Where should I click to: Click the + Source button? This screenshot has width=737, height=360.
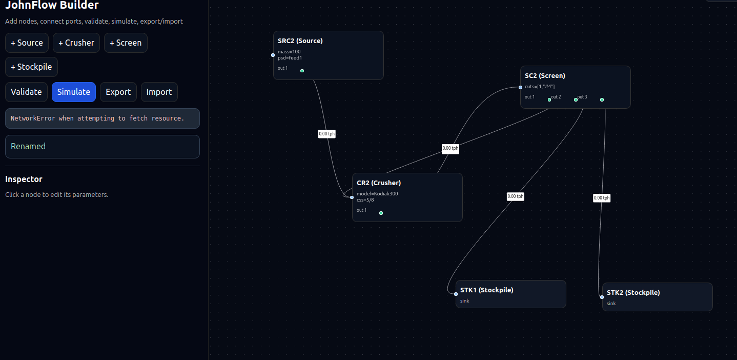pyautogui.click(x=27, y=43)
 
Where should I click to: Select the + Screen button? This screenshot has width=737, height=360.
pyautogui.click(x=126, y=43)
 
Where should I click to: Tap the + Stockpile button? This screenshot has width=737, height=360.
pyautogui.click(x=31, y=67)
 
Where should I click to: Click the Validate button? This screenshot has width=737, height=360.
pyautogui.click(x=26, y=92)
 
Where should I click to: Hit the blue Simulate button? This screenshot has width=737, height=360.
pyautogui.click(x=73, y=92)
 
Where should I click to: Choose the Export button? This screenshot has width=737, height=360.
pyautogui.click(x=118, y=92)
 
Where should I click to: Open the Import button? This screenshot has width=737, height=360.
pyautogui.click(x=159, y=92)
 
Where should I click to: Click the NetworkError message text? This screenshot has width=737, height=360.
pyautogui.click(x=97, y=118)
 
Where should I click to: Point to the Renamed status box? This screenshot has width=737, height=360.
pyautogui.click(x=102, y=147)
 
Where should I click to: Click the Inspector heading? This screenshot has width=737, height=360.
pyautogui.click(x=24, y=179)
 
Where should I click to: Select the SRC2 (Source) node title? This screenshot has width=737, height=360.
pyautogui.click(x=300, y=41)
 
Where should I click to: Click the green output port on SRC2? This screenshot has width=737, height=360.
pyautogui.click(x=302, y=71)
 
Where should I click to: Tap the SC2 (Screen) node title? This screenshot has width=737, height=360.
pyautogui.click(x=545, y=75)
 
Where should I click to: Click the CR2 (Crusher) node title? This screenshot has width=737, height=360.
pyautogui.click(x=379, y=183)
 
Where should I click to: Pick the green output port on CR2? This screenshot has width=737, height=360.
pyautogui.click(x=381, y=213)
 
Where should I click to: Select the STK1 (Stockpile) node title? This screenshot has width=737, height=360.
pyautogui.click(x=486, y=290)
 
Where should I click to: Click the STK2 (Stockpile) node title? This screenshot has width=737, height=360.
pyautogui.click(x=633, y=292)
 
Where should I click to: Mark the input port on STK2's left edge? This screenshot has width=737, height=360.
pyautogui.click(x=602, y=297)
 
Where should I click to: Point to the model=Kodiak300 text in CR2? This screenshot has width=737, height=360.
pyautogui.click(x=377, y=193)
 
